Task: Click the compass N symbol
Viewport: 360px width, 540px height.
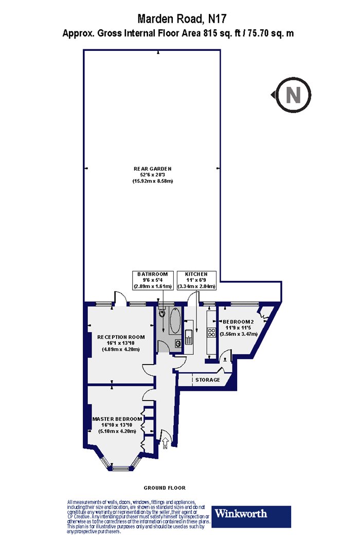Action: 293,95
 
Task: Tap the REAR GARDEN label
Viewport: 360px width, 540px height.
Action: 153,169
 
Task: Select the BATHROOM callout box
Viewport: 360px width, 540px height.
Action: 153,280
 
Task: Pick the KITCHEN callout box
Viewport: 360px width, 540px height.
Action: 196,280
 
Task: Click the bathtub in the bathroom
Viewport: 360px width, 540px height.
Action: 175,320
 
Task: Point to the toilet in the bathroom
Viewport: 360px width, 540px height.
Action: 163,312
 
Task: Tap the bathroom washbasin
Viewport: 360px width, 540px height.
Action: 178,343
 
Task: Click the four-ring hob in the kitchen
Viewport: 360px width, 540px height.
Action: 211,333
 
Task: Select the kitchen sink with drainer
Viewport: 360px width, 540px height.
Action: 189,336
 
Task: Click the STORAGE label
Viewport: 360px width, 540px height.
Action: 207,380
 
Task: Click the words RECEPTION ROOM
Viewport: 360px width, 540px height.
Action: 120,337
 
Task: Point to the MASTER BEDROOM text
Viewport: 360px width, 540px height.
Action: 117,419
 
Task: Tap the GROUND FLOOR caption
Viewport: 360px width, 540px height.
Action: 165,488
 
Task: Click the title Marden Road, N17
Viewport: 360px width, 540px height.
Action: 182,18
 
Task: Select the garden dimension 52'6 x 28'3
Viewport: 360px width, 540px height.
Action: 153,175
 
